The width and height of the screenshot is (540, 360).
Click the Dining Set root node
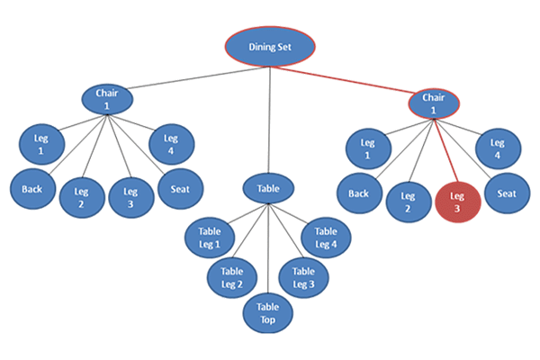[x=271, y=46]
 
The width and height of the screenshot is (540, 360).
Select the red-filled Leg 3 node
[x=457, y=201]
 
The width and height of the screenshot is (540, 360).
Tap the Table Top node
[x=268, y=313]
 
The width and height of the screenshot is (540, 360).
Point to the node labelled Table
[x=268, y=190]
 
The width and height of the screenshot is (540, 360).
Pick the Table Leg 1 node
[x=209, y=238]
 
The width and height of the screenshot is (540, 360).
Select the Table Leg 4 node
[x=325, y=238]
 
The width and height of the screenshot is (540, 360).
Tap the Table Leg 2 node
[x=232, y=277]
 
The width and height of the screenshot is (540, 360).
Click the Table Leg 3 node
[x=303, y=277]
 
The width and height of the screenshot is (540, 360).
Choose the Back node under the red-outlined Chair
[x=359, y=193]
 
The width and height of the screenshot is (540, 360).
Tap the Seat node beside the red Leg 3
[x=507, y=193]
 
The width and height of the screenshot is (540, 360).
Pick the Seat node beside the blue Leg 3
[x=179, y=189]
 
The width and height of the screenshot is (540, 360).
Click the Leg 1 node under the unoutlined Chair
[x=40, y=145]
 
